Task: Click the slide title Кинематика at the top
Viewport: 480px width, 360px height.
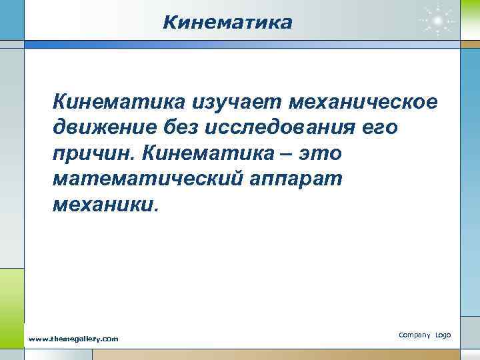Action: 227,23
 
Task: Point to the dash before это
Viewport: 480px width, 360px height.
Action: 287,155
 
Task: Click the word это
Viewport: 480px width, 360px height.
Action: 321,153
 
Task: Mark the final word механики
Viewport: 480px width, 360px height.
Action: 104,204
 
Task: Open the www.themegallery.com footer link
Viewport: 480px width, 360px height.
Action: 73,339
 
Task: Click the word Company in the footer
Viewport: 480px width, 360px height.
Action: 414,334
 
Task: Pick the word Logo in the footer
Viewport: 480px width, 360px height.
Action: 443,334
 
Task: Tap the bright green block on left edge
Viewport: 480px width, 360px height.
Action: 11,293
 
